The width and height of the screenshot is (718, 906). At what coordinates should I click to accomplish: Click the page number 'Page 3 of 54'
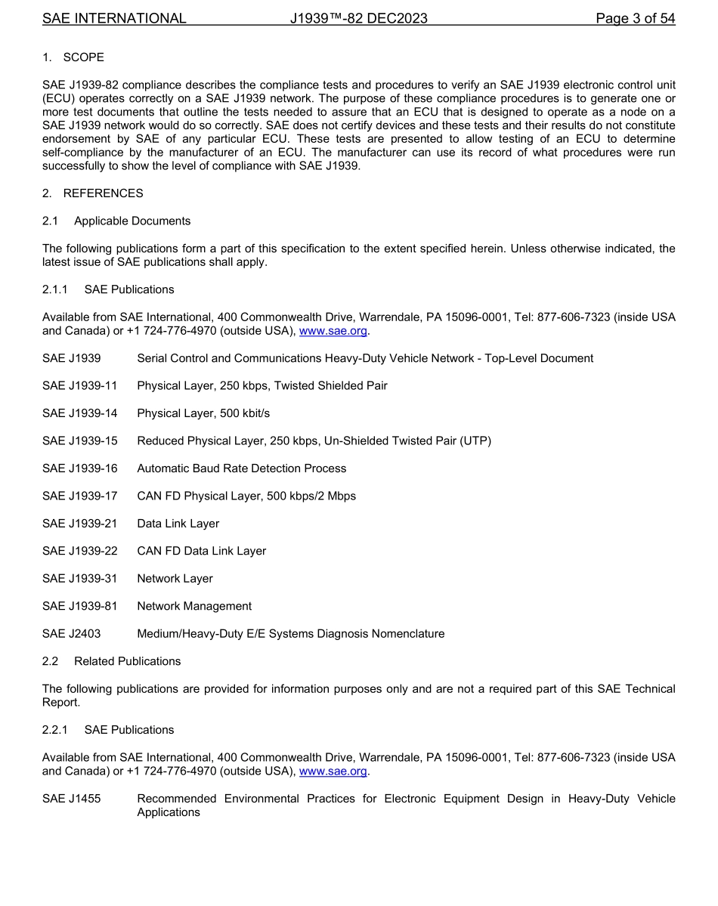pos(635,18)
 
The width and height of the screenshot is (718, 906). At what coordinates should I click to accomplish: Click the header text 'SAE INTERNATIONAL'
pos(114,18)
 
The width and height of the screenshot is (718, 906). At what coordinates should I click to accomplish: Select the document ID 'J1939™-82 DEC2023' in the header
pos(358,18)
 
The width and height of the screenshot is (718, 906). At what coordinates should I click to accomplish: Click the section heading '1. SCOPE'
pos(73,57)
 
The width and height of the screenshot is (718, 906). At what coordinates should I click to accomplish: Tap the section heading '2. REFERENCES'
pos(92,193)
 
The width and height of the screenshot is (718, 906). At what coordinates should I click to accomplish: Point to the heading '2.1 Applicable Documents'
pos(116,221)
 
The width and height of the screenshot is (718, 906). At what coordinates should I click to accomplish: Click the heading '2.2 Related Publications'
pos(112,661)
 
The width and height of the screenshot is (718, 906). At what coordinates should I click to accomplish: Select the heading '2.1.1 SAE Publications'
pos(108,289)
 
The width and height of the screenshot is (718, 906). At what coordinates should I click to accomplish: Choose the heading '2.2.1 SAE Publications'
pos(108,730)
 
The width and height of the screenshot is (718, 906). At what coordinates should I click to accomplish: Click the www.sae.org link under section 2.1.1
pos(333,331)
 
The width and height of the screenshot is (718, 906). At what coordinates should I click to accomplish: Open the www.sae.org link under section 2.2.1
pos(333,771)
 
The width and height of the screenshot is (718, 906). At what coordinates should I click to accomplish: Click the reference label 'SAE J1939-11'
pos(80,386)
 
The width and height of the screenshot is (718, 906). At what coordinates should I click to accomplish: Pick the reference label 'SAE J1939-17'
pos(80,496)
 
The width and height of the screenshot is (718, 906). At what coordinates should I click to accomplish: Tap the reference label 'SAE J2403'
pos(72,634)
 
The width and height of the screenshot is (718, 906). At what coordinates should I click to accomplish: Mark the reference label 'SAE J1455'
pos(72,799)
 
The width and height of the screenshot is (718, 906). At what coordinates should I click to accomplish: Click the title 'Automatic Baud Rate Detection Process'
pos(241,468)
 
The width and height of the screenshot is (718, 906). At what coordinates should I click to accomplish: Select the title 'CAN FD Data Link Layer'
pos(201,552)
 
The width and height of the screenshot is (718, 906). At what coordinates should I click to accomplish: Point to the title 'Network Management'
pos(194,606)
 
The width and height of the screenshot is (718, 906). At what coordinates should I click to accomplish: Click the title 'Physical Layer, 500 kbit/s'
pos(203,413)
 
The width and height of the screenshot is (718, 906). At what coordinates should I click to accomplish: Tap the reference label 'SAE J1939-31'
pos(80,579)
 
